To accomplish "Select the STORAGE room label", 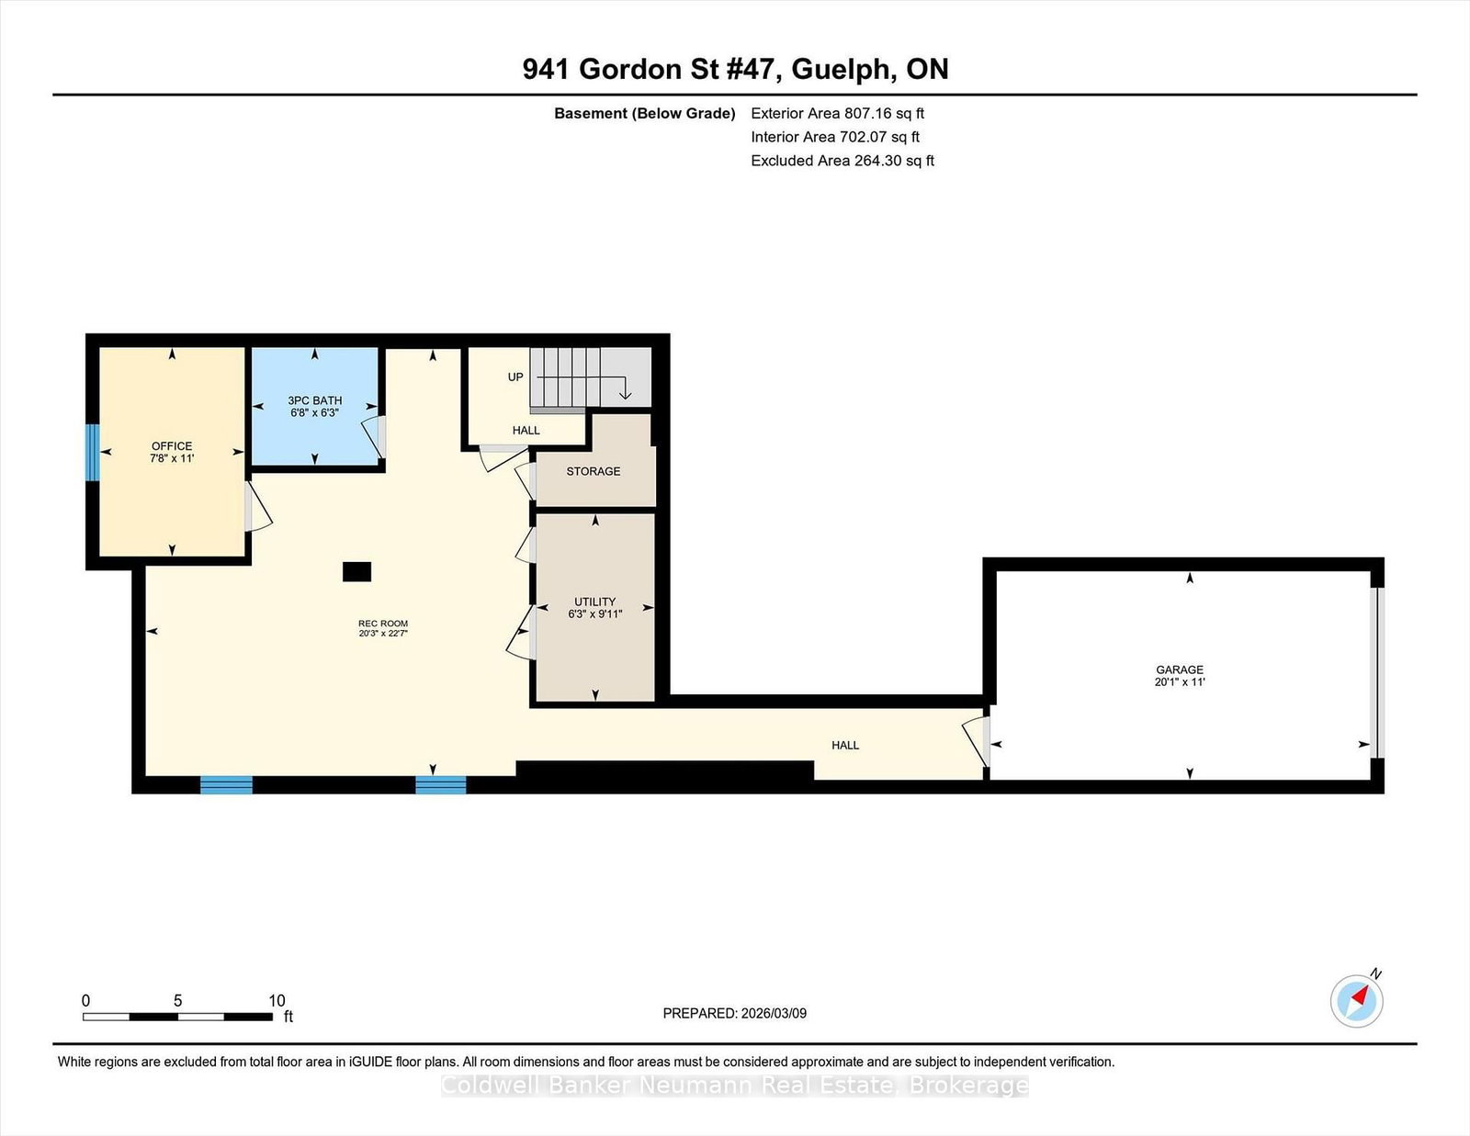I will point(593,471).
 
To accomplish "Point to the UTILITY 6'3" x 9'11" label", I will point(594,607).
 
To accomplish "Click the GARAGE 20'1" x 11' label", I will point(1180,676).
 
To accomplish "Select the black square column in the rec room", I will point(356,571).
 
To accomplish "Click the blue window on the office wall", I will point(92,452).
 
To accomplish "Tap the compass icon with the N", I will point(1356,1000).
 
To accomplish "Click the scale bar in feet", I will point(177,1017).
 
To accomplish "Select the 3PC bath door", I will point(376,437).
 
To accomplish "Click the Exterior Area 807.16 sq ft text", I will point(837,114).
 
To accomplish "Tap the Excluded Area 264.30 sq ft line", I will point(842,161).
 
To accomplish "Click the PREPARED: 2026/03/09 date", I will point(734,1013).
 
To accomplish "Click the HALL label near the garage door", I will point(845,745).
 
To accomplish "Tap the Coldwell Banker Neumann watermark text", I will point(734,1085).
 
